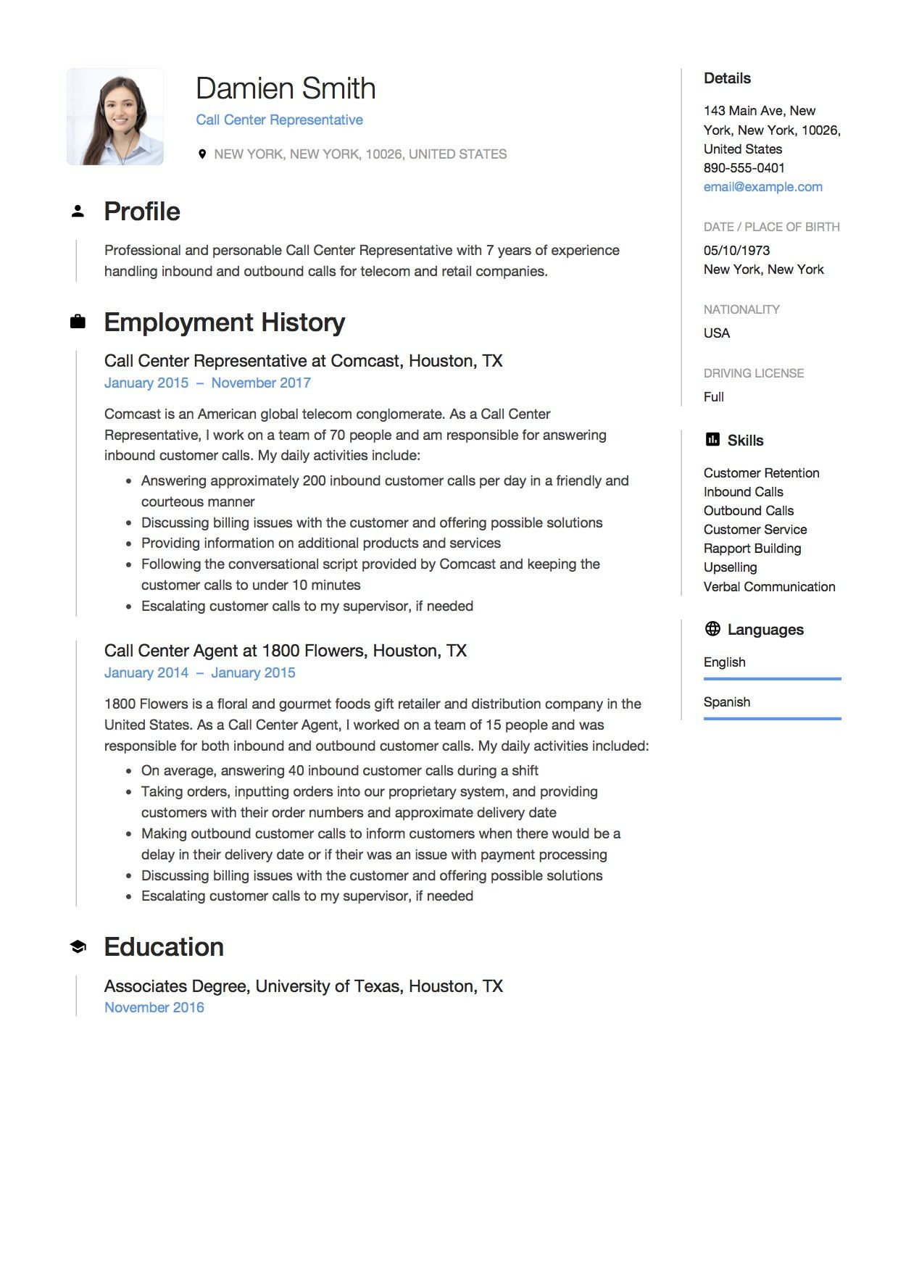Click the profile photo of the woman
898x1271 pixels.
(115, 117)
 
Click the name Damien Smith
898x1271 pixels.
(286, 88)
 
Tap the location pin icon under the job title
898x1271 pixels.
(202, 154)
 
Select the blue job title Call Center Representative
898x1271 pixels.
(279, 120)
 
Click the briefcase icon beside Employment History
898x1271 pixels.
(78, 322)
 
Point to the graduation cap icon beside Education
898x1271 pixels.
(78, 946)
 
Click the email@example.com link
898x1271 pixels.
(762, 187)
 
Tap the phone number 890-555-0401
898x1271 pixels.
(744, 168)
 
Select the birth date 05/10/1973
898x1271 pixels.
(736, 251)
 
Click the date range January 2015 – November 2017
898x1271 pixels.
(207, 383)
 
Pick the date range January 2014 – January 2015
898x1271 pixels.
(199, 672)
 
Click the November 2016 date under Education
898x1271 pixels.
(154, 1007)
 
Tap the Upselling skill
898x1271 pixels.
(730, 567)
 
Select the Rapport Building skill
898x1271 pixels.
(752, 549)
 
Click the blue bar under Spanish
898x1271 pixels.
(772, 718)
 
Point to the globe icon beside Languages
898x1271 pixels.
(712, 629)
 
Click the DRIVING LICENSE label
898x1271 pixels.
(753, 373)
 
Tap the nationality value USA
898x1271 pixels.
(716, 333)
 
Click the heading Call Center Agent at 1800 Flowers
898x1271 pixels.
(285, 651)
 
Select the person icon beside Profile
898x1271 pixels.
(78, 212)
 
